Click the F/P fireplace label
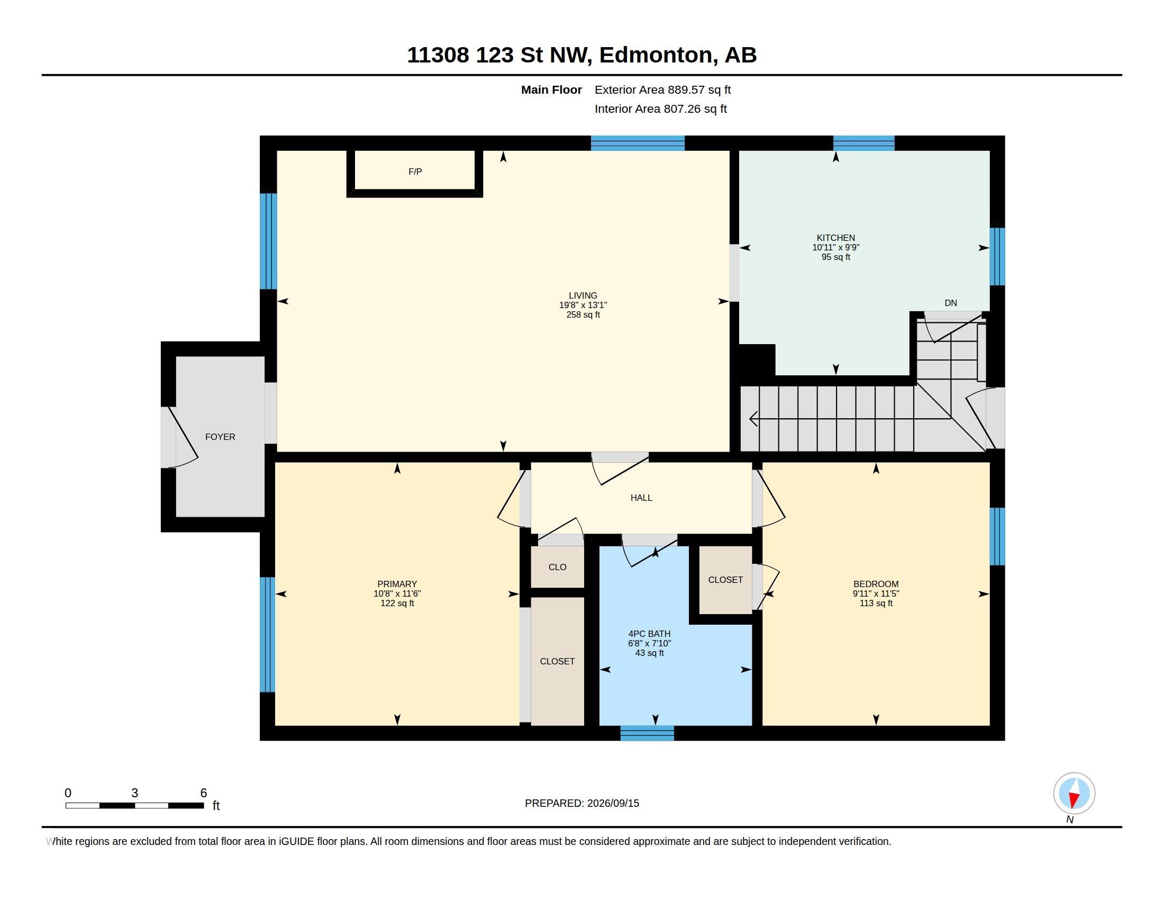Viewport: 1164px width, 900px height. click(415, 172)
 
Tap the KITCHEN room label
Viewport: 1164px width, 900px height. click(835, 238)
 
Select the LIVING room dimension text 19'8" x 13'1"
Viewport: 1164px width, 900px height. click(583, 305)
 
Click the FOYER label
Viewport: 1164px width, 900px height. click(220, 437)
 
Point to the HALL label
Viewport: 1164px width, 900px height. click(641, 498)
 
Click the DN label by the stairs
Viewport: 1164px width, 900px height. click(951, 303)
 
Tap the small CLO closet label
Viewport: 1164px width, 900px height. click(558, 567)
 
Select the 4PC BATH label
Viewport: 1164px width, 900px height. click(649, 633)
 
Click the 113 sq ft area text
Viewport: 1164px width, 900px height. click(876, 603)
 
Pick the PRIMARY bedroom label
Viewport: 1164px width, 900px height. click(397, 584)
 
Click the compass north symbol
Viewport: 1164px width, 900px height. click(1074, 794)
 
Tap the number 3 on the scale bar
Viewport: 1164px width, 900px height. click(135, 793)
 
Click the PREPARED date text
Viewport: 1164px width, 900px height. click(582, 803)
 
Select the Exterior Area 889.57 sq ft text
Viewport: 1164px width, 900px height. click(662, 89)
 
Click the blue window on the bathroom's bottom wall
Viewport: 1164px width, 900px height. click(647, 733)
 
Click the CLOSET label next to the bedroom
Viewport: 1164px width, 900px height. click(725, 580)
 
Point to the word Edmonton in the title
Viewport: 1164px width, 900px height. click(656, 55)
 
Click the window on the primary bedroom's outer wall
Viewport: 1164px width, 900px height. click(268, 634)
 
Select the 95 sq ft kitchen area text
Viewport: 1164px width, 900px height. click(835, 257)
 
